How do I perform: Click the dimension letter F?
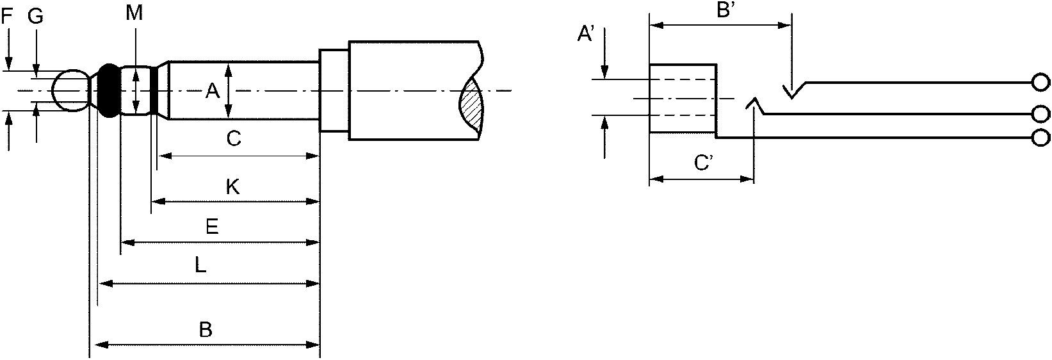(6, 17)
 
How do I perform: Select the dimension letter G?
(35, 17)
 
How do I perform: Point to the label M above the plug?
(134, 13)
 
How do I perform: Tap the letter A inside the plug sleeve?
(213, 91)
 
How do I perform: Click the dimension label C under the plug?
(234, 138)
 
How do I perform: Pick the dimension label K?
(233, 187)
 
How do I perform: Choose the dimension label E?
(213, 227)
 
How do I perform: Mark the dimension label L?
(200, 266)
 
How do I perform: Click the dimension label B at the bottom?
(206, 330)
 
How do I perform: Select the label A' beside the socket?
(586, 34)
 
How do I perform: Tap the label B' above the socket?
(725, 10)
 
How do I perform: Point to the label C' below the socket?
(704, 163)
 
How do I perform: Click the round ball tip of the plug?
(70, 91)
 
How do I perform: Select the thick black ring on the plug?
(109, 90)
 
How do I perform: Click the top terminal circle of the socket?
(1040, 82)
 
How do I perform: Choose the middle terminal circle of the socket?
(1040, 114)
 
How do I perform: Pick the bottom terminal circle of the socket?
(1040, 138)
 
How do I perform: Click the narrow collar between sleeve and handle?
(334, 90)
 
